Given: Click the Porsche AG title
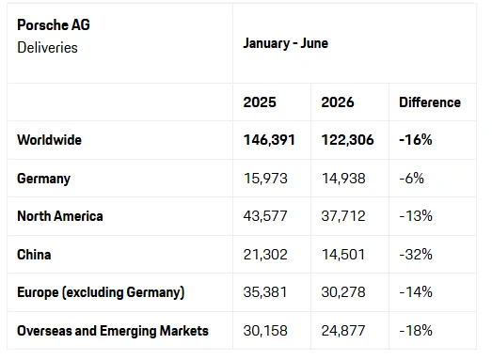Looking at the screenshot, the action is coord(54,25).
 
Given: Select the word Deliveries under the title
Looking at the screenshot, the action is coord(47,48).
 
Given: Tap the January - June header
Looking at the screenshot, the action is coord(286,43).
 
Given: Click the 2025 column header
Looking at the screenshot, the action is coord(260,102).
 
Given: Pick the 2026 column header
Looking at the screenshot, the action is coord(338,102).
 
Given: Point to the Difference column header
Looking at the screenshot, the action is coord(430,102).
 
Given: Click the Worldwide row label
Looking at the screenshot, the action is coord(49,140).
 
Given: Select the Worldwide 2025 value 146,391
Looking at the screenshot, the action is coord(269,140).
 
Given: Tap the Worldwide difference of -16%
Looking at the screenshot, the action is coord(416,140).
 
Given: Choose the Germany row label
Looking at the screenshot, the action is coord(43,179).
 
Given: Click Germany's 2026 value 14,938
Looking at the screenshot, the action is coord(343,179).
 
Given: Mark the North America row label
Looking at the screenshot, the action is coord(60,216).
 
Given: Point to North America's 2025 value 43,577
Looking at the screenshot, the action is coord(265,216).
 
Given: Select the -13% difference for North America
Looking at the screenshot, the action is coord(416,216).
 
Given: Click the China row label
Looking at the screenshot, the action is coord(34,255).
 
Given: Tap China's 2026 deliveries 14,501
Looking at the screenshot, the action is coord(343,255).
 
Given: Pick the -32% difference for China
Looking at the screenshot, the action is coord(416,255).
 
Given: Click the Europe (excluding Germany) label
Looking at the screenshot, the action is coord(101,292).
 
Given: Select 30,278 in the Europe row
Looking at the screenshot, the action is coord(343,292).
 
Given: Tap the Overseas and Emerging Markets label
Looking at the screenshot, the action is coord(113,331).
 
